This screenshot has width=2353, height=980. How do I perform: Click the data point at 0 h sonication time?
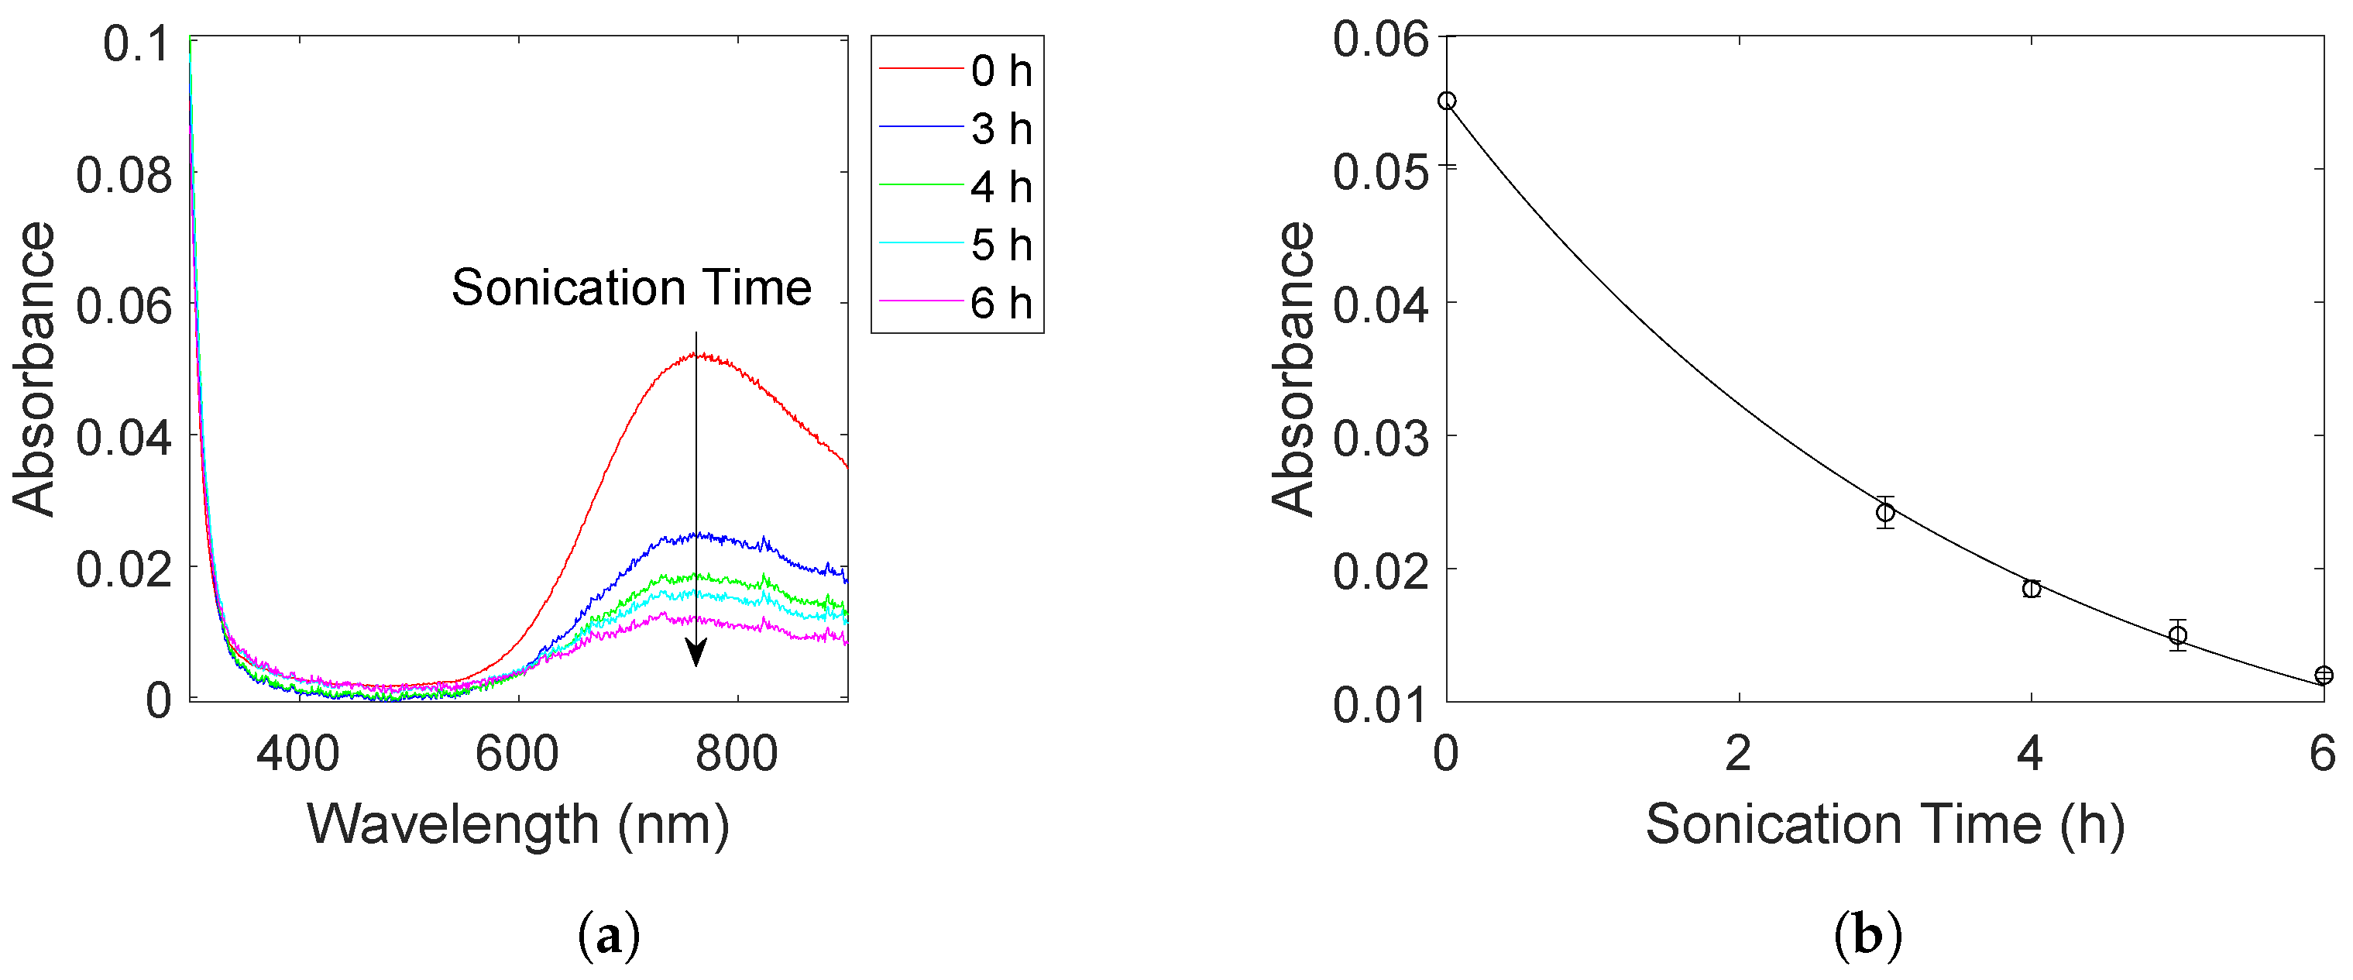[x=1447, y=101]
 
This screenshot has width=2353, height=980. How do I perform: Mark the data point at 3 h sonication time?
[x=1885, y=512]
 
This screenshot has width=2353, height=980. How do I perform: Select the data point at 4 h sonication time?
[x=2032, y=589]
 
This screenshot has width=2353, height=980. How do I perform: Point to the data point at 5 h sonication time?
[x=2178, y=634]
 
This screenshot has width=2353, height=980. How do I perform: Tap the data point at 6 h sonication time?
[x=2324, y=675]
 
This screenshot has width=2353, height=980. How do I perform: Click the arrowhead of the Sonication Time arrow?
[x=696, y=653]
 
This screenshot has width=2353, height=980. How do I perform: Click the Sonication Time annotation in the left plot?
[x=631, y=287]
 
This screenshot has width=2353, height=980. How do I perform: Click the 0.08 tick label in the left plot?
[x=123, y=174]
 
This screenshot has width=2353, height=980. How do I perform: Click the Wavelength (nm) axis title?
[x=518, y=825]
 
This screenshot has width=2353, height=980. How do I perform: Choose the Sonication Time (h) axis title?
[x=1884, y=825]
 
